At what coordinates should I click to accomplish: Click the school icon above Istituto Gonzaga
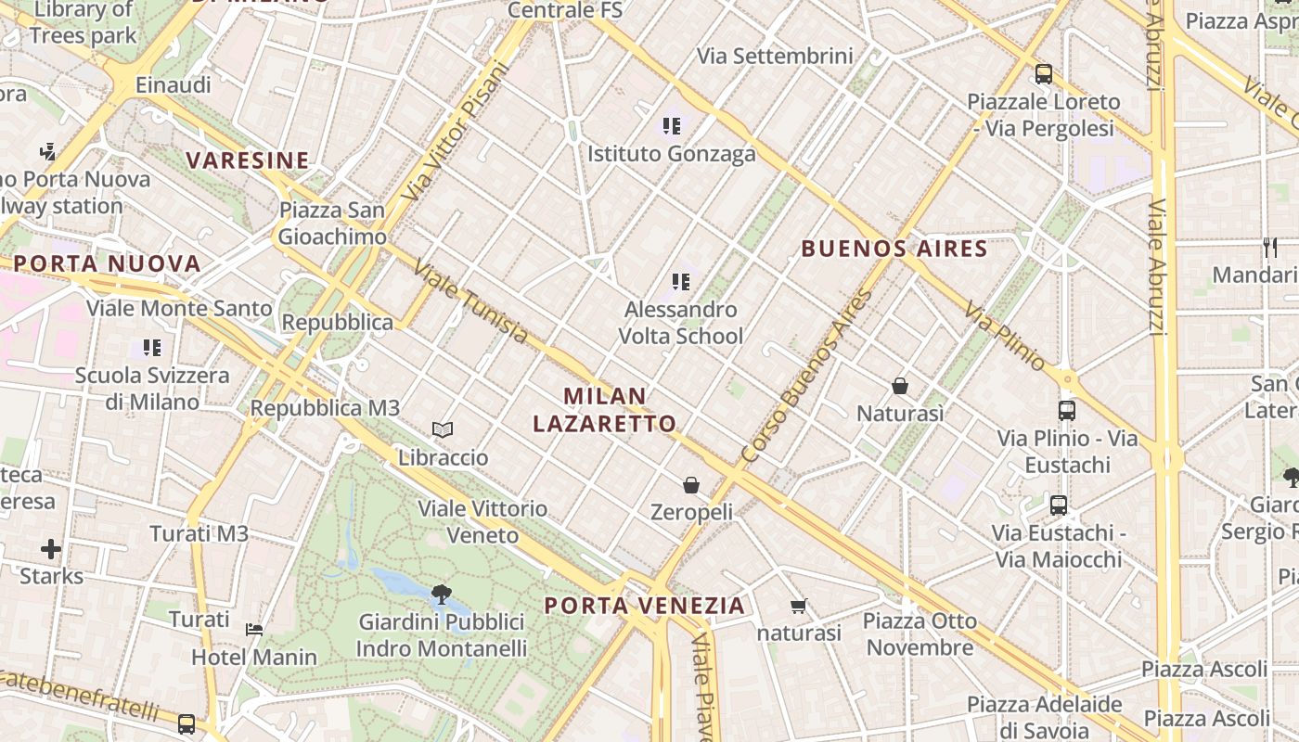coord(672,126)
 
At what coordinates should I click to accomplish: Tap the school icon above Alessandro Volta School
coord(681,281)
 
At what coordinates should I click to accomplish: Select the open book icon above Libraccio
coord(443,429)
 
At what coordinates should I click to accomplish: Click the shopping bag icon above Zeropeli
coord(691,485)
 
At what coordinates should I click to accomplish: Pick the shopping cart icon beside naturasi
coord(798,607)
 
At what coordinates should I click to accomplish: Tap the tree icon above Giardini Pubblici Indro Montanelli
coord(442,594)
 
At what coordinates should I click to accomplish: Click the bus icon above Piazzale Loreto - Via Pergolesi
coord(1044,74)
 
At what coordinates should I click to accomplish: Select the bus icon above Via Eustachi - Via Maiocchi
coord(1059,505)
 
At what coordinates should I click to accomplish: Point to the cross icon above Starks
coord(51,549)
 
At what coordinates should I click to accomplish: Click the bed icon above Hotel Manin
coord(254,630)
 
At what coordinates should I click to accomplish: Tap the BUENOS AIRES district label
coord(894,249)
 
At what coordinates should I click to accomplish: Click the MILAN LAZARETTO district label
coord(605,410)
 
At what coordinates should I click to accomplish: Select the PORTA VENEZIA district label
coord(645,606)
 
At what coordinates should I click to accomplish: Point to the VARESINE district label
coord(248,160)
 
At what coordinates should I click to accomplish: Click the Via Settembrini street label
coord(775,56)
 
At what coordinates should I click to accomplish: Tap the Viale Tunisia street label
coord(470,301)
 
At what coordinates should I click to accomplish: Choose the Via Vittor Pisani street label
coord(458,131)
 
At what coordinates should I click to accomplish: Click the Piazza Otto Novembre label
coord(920,633)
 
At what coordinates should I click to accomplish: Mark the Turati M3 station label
coord(199,533)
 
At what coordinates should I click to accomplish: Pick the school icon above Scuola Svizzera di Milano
coord(152,348)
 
